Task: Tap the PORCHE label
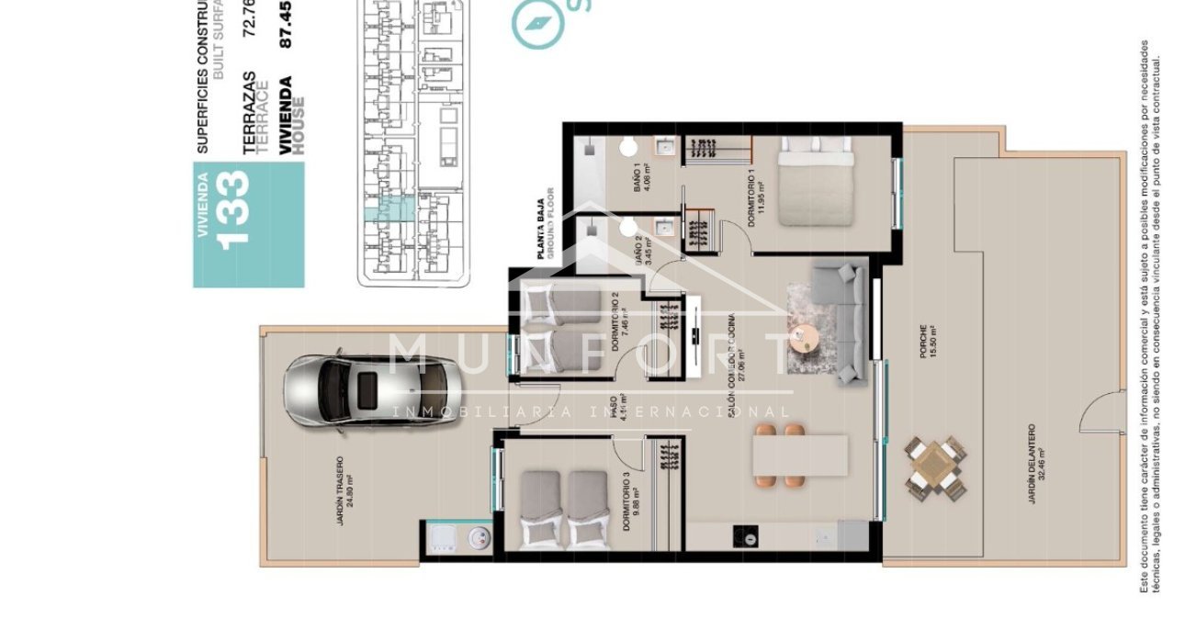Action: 929,341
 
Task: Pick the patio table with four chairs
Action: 935,469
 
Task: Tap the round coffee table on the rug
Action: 803,338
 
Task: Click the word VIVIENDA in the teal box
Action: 204,207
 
